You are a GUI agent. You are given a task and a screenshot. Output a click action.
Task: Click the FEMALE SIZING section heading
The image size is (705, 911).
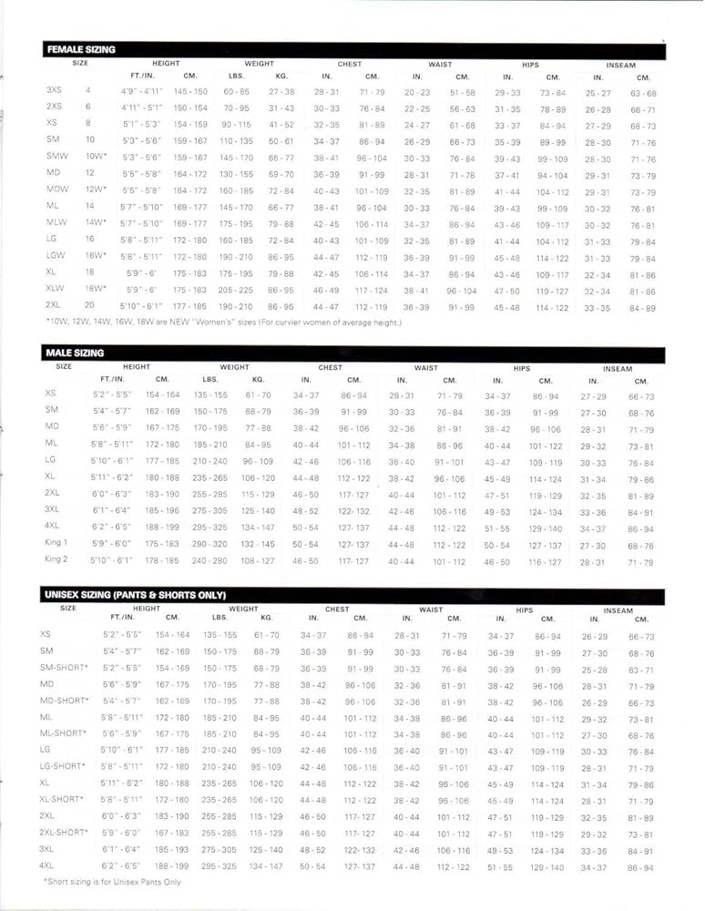pos(81,50)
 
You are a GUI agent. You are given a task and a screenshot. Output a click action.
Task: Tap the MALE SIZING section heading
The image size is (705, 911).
pos(75,353)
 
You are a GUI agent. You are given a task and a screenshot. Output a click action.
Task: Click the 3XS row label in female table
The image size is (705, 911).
pos(55,91)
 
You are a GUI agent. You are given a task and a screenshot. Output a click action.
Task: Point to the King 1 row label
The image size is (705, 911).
pos(56,543)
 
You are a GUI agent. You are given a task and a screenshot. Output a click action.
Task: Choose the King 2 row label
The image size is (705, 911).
pos(56,559)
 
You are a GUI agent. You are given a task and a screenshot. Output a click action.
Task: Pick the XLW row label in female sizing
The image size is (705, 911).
pos(56,289)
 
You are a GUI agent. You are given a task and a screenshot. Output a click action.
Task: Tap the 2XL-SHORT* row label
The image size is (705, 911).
pos(64,833)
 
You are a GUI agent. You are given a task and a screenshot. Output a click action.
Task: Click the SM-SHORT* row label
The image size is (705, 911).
pos(64,668)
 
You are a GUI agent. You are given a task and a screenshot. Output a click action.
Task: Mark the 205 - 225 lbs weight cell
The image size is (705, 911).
pos(235,290)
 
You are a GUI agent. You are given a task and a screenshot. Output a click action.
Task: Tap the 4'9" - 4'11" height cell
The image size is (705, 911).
pos(141,92)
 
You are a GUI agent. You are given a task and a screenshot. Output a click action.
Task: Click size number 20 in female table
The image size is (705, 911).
pos(89,305)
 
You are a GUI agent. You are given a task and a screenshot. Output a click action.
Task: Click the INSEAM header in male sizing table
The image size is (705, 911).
pos(618,368)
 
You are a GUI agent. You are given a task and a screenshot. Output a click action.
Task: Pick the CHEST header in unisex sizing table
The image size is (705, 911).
pos(337,609)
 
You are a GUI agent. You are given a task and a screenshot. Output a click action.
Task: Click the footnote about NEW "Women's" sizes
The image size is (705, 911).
pos(209,322)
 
